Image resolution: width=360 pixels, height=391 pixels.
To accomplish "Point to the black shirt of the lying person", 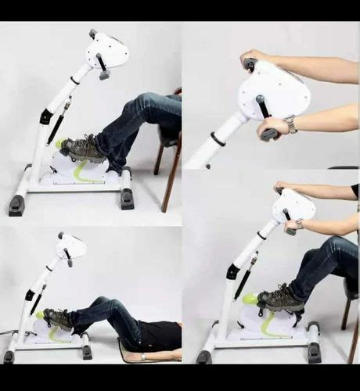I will click(160, 335).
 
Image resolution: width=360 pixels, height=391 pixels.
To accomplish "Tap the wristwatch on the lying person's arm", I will click(143, 357).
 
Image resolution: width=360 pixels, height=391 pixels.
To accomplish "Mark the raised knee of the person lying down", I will click(101, 303).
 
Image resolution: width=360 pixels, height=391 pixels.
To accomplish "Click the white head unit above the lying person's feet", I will click(72, 246).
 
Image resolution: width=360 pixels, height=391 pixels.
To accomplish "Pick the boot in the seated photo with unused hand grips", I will click(83, 149).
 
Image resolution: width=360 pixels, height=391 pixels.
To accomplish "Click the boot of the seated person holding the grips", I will click(281, 299).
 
